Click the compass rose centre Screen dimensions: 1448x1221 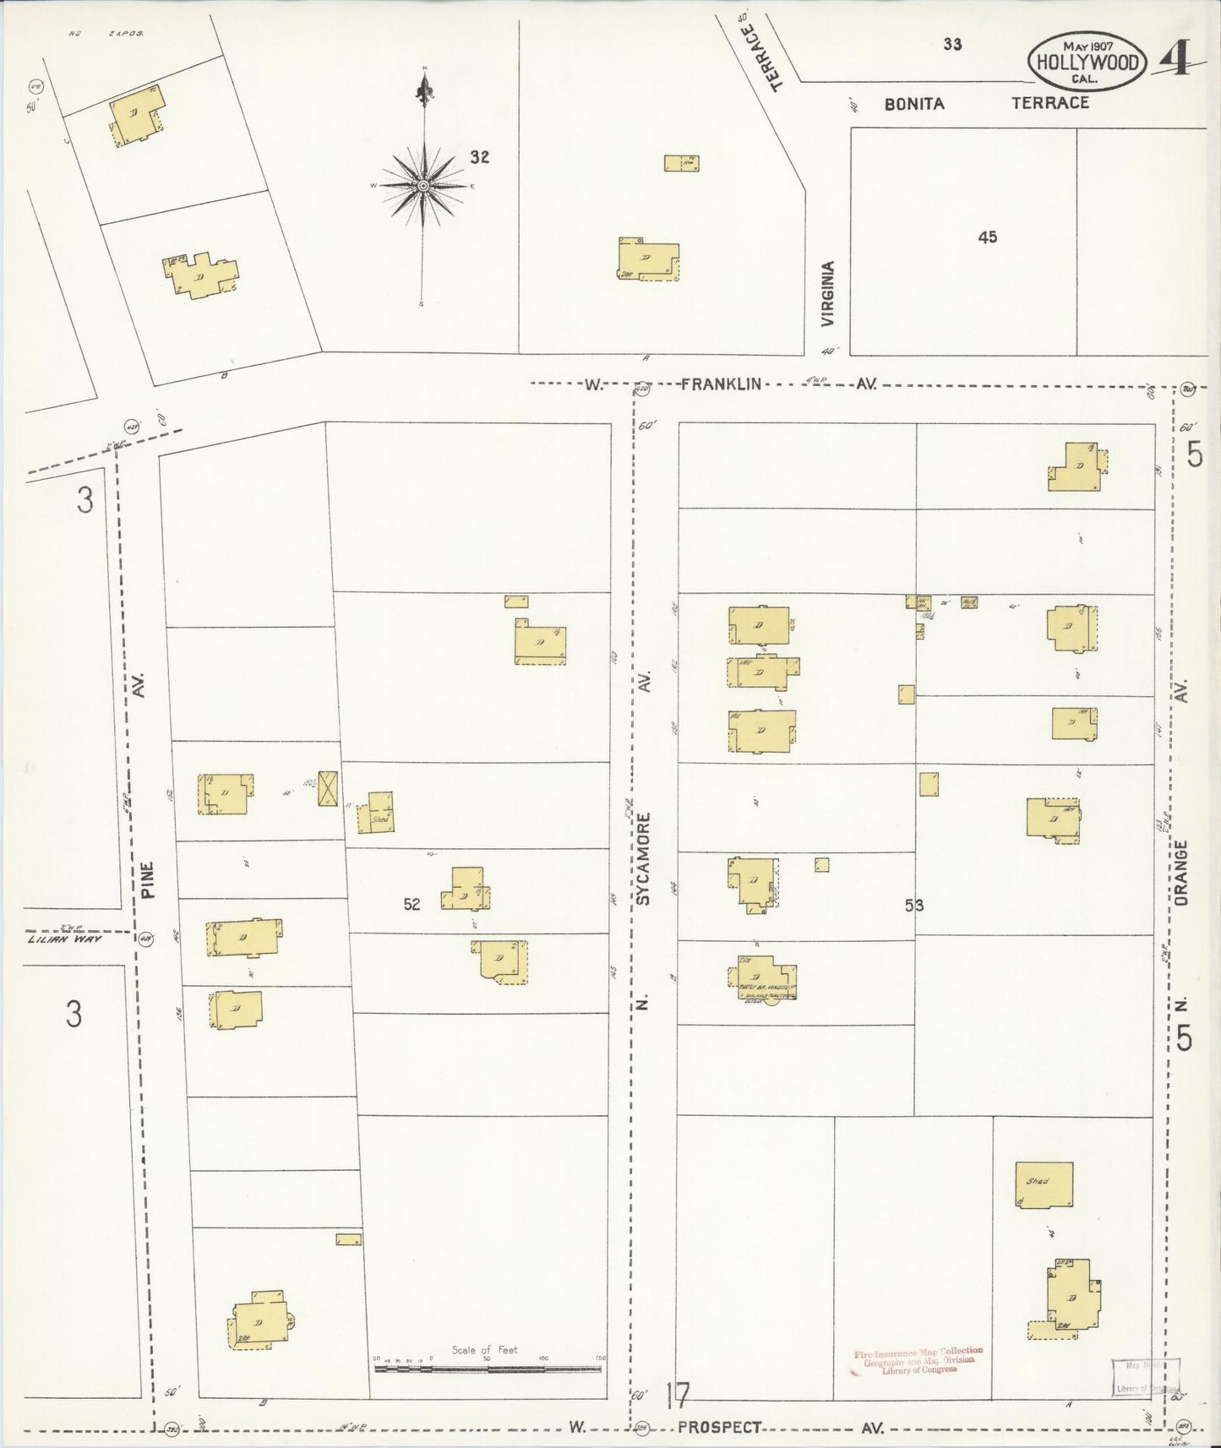point(422,185)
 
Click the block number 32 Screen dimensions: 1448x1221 point(480,157)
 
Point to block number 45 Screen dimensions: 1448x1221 point(988,237)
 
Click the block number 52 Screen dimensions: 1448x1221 point(412,905)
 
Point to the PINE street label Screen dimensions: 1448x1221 point(148,879)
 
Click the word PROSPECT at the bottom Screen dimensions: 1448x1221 point(720,1427)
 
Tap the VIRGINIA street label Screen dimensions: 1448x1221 point(828,294)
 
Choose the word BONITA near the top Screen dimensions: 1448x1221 point(914,104)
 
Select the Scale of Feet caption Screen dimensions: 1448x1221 point(484,1350)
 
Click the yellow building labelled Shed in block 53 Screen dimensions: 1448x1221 point(1044,1184)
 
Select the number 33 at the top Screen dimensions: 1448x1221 point(952,45)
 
